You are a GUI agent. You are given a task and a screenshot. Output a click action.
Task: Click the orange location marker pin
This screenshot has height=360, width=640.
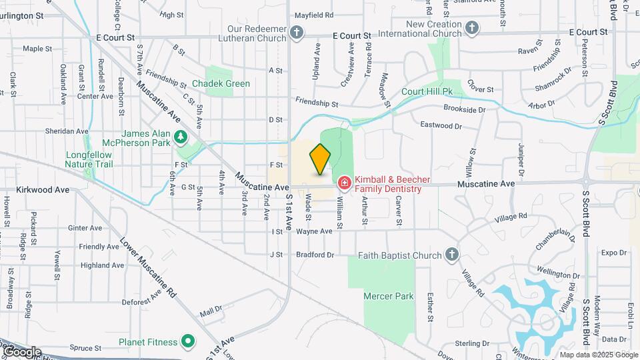(x=320, y=159)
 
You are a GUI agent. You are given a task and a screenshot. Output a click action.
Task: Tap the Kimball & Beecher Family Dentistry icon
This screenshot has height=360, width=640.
(x=344, y=182)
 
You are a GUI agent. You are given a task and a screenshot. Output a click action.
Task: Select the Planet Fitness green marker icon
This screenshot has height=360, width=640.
(x=189, y=342)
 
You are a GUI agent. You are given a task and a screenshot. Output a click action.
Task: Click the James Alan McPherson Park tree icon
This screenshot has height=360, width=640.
(x=179, y=137)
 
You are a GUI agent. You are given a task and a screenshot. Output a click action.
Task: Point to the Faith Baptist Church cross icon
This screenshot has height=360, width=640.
(x=452, y=255)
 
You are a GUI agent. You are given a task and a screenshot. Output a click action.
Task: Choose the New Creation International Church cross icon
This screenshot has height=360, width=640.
(x=472, y=27)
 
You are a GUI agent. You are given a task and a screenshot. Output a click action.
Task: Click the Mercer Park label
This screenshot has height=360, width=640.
(x=389, y=296)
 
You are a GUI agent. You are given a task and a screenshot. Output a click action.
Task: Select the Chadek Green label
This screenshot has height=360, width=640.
(x=221, y=83)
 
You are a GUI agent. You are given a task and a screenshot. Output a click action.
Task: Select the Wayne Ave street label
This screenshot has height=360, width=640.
(x=314, y=231)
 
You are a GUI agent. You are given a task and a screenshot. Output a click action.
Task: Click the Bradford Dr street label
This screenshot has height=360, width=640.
(x=315, y=255)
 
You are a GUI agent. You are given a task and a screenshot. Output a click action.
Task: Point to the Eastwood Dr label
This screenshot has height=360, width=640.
(x=441, y=125)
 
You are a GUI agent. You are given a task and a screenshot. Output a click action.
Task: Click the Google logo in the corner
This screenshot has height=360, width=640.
(x=21, y=351)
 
